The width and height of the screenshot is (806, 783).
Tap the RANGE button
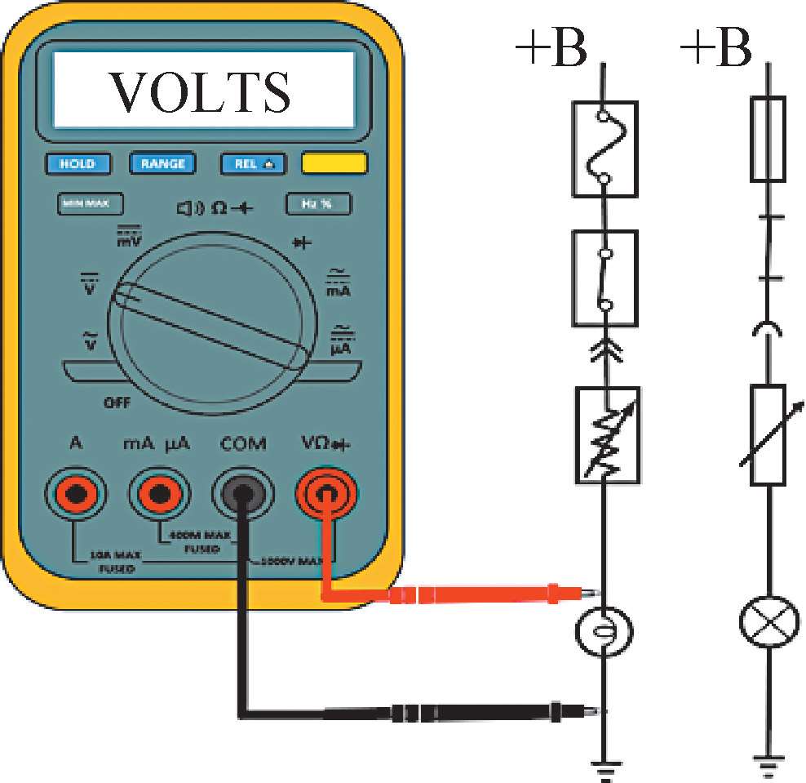pyautogui.click(x=163, y=163)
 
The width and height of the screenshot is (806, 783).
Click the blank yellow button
pyautogui.click(x=333, y=163)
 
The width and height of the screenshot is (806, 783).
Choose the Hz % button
pyautogui.click(x=318, y=203)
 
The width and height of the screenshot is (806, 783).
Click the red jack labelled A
pyautogui.click(x=77, y=492)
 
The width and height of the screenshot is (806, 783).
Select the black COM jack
pyautogui.click(x=242, y=492)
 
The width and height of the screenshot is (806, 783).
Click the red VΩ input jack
pyautogui.click(x=326, y=492)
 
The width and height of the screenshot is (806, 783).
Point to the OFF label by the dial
pyautogui.click(x=117, y=403)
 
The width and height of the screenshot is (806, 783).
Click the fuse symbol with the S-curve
pyautogui.click(x=604, y=149)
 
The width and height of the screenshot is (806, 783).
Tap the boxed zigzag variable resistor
pyautogui.click(x=606, y=434)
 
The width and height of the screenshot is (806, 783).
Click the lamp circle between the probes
pyautogui.click(x=604, y=631)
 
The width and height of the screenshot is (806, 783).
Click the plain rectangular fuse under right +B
pyautogui.click(x=768, y=139)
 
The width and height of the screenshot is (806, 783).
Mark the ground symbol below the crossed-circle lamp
pyautogui.click(x=768, y=763)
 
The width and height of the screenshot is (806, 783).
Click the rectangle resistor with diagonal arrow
pyautogui.click(x=768, y=435)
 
